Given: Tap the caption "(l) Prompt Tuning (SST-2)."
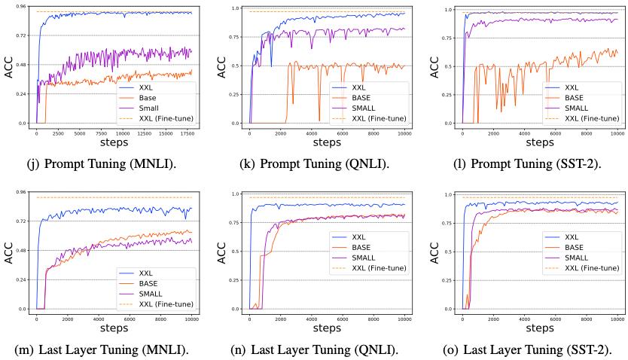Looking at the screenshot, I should pos(527,163).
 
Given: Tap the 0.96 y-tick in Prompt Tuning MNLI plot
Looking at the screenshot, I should pos(22,7).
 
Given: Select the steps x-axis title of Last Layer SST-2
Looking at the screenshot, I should pos(540,329).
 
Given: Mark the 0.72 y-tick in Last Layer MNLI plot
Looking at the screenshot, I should pos(22,221).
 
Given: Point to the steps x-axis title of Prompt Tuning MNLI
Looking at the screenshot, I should pos(114,142).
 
